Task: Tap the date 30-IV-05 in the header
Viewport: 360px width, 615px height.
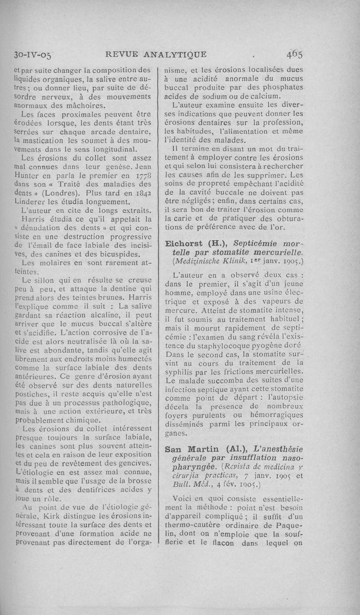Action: [32, 55]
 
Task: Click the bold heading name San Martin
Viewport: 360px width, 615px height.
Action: [193, 450]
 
